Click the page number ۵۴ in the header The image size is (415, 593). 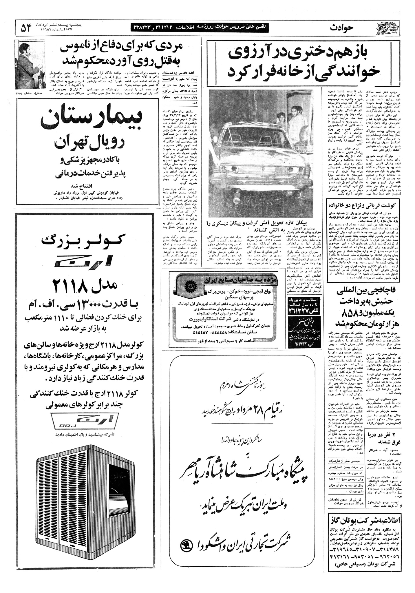26,28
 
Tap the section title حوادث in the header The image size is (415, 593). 342,28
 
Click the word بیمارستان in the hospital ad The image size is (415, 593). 92,120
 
